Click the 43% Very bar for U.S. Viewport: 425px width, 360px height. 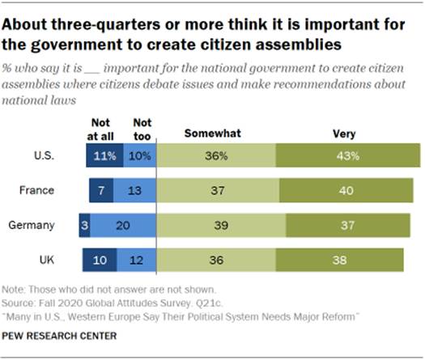347,155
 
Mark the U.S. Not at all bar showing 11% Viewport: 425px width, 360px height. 104,155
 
